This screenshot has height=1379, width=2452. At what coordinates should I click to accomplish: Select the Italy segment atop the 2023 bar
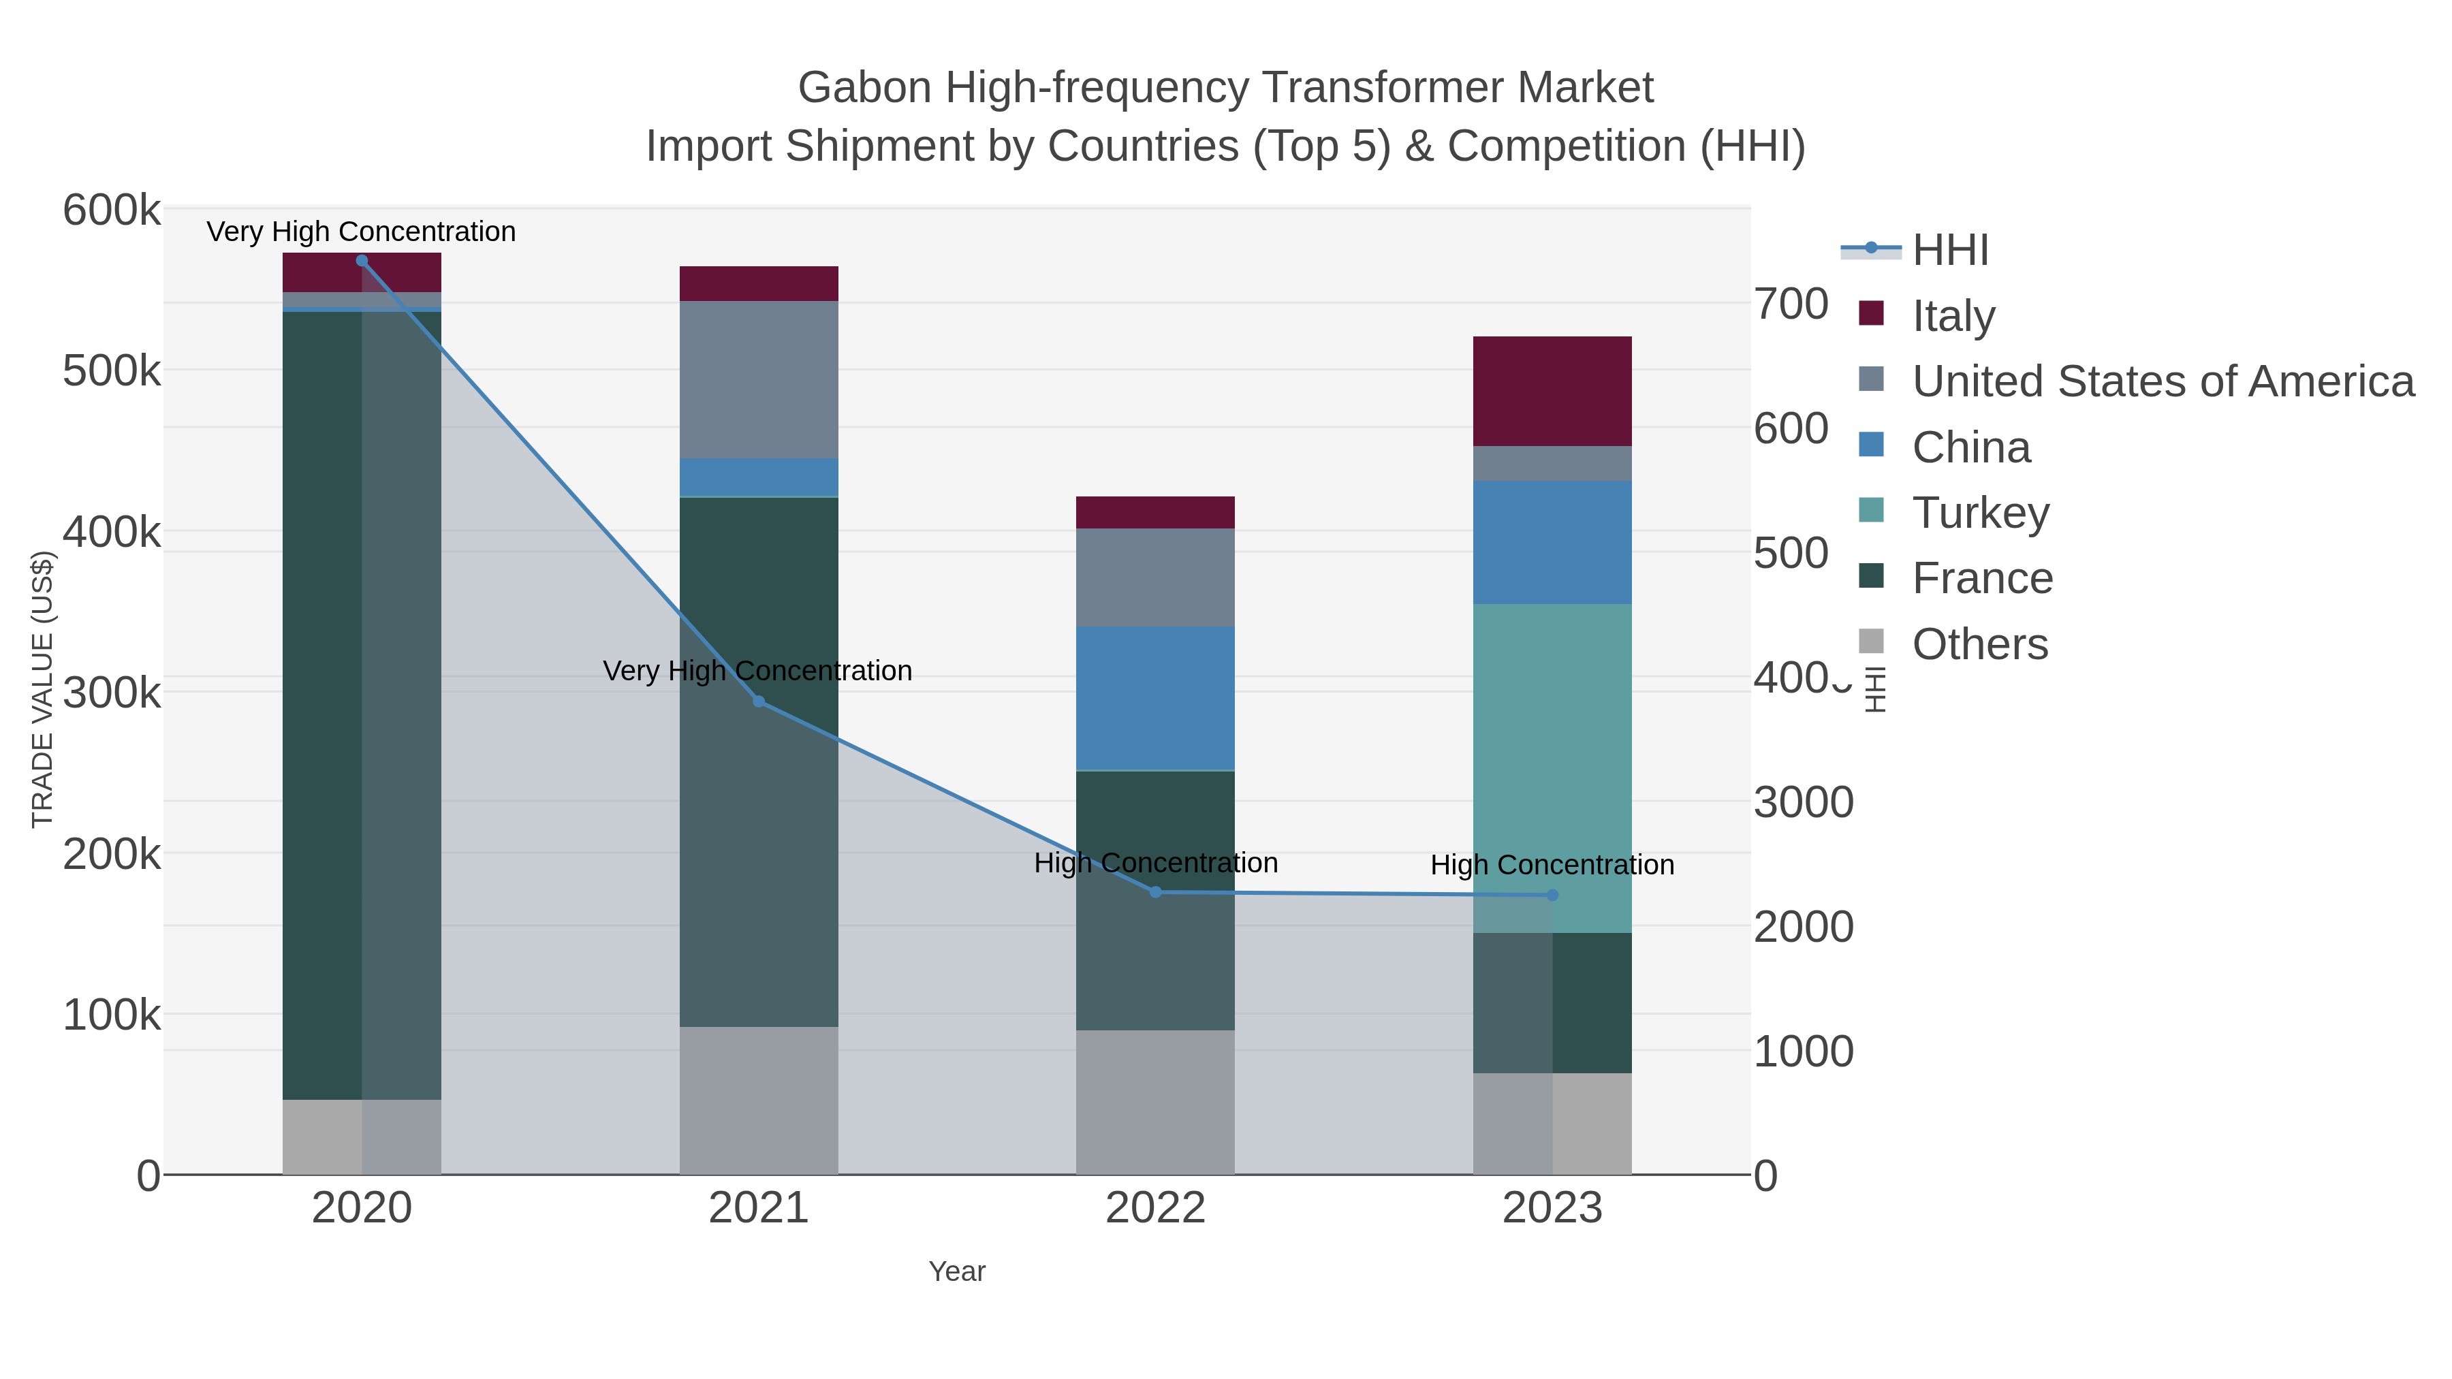pos(1552,391)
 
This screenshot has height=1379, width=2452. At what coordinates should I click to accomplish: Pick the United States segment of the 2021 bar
pos(759,380)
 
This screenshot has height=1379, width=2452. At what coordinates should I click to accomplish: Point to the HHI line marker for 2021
pos(759,702)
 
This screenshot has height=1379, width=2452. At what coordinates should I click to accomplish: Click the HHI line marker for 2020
pos(362,261)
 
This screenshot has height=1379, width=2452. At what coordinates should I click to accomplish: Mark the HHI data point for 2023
pos(1552,895)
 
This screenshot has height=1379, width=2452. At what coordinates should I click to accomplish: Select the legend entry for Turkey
pos(1980,513)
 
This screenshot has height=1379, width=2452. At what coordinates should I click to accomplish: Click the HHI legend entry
pos(1949,251)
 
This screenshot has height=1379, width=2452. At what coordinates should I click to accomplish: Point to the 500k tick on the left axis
pos(112,371)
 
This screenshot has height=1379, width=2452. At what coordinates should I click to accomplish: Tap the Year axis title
pos(957,1271)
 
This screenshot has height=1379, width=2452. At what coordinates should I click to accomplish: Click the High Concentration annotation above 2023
pos(1552,865)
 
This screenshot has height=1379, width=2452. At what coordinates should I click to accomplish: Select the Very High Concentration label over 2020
pos(362,232)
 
